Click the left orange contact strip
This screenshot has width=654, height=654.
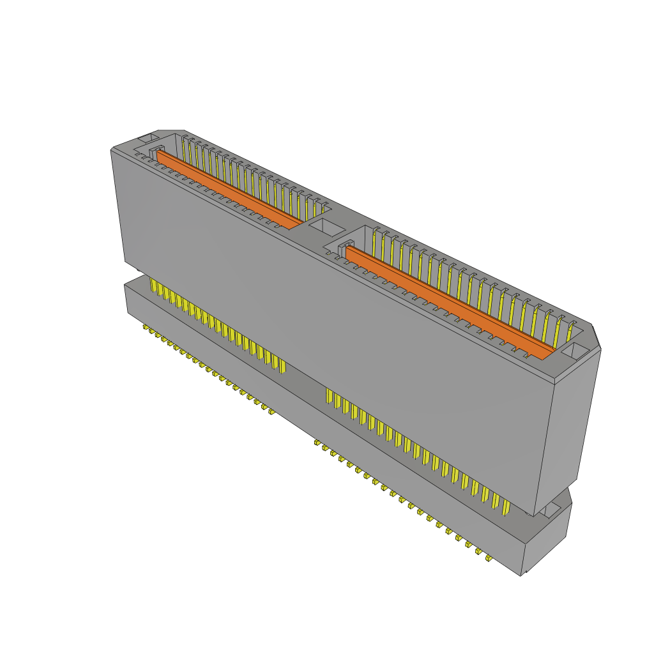click(230, 189)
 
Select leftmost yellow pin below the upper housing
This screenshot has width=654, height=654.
click(152, 285)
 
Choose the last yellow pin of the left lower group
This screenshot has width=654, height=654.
click(282, 364)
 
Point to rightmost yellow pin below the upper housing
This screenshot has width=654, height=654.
click(506, 506)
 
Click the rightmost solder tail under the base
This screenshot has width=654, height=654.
click(489, 559)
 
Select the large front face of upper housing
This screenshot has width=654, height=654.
click(332, 332)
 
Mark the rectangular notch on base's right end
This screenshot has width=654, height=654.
click(551, 510)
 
